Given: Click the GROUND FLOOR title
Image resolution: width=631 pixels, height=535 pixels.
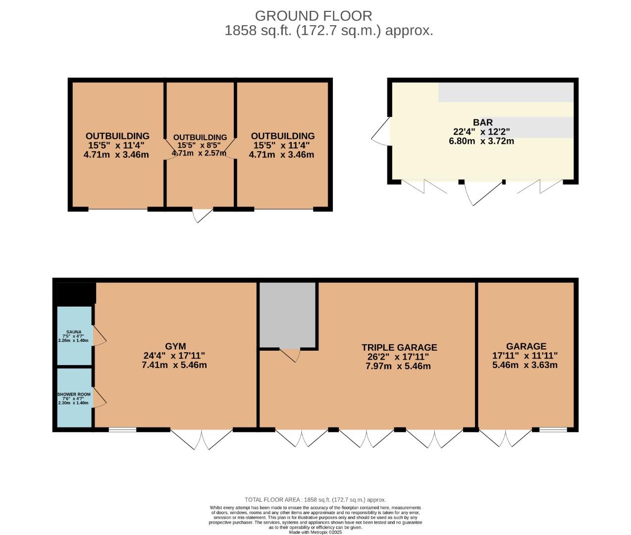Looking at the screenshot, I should tap(314, 16).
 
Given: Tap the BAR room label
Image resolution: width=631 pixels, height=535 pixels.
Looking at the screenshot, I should tap(482, 122).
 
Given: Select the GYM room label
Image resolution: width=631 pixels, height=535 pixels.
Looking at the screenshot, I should tap(175, 346).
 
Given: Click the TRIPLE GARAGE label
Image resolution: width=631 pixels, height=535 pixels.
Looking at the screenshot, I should tap(399, 348).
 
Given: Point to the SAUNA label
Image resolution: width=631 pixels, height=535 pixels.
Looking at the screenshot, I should tap(74, 332).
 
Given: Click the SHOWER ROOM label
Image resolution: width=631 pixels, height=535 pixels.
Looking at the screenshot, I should tap(74, 394).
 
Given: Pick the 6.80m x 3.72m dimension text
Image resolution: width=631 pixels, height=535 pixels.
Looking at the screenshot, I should tap(481, 141).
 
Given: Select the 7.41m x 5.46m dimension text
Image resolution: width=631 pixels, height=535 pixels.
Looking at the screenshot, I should tap(174, 365).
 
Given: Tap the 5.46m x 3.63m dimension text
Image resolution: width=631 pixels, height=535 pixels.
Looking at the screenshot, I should tap(525, 365).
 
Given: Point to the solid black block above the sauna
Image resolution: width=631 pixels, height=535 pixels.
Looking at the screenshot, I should tap(76, 293).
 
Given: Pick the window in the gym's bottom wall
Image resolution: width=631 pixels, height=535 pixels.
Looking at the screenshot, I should tap(122, 429).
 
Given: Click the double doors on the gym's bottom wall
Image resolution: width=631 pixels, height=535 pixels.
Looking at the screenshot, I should tap(202, 439).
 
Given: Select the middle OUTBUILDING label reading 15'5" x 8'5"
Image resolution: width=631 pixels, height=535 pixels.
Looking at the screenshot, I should tap(200, 137).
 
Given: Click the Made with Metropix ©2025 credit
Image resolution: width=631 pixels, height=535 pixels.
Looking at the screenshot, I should tap(315, 532).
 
